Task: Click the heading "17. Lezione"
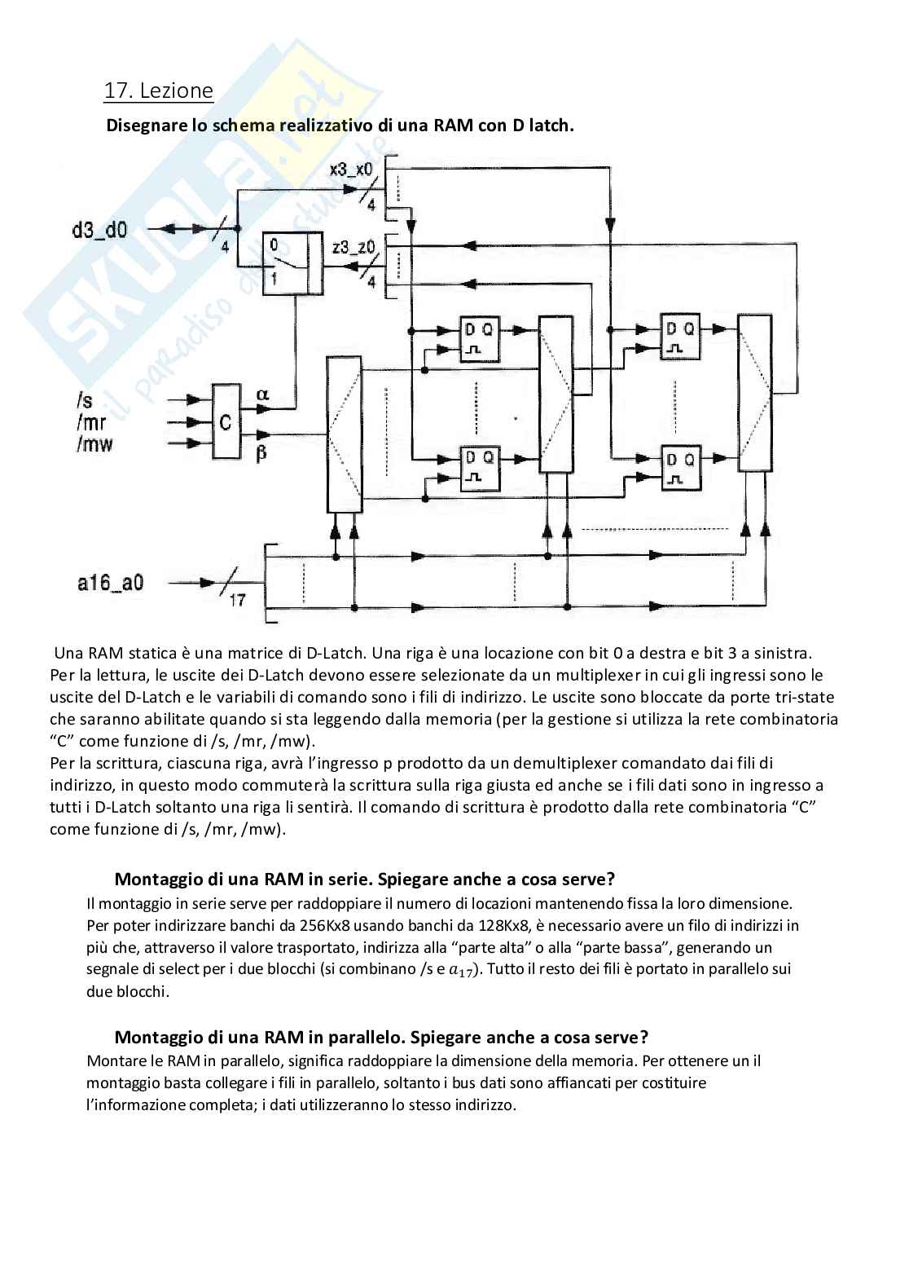tap(158, 90)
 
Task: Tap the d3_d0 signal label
tap(99, 230)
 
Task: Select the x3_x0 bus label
tap(351, 170)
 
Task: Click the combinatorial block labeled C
tap(226, 421)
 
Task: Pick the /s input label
tap(83, 400)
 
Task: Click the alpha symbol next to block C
tap(262, 394)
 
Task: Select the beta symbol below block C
tap(261, 454)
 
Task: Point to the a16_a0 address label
tap(111, 583)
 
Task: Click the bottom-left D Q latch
tap(480, 468)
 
